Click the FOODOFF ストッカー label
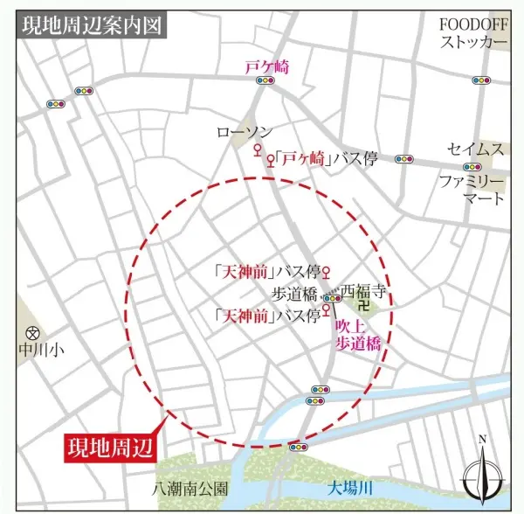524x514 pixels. pos(472,33)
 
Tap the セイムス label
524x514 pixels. pos(475,149)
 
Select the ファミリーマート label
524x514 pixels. pos(472,191)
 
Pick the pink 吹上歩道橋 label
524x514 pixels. pos(359,335)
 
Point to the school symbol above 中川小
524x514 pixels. pos(33,333)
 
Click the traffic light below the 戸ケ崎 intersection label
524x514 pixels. pos(265,81)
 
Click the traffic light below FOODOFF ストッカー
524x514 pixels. pos(482,80)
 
